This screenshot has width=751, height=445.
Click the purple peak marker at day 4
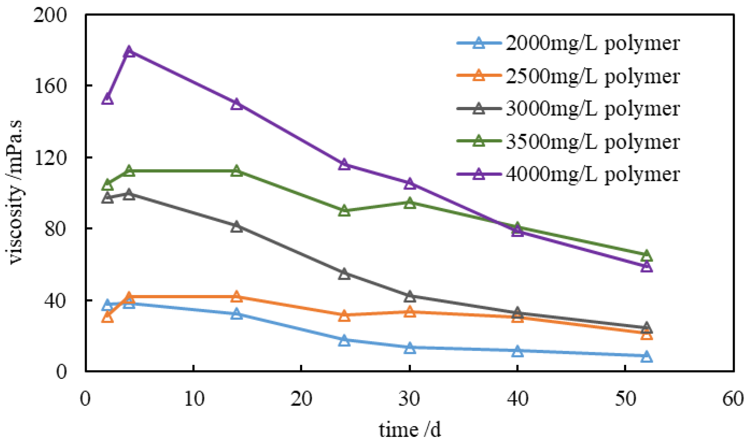pyautogui.click(x=129, y=52)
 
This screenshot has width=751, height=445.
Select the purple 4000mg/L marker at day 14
pyautogui.click(x=237, y=104)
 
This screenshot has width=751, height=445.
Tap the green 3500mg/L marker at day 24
pyautogui.click(x=344, y=211)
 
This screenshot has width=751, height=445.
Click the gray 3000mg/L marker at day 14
pyautogui.click(x=237, y=227)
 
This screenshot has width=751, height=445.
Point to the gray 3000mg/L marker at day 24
pyautogui.click(x=344, y=274)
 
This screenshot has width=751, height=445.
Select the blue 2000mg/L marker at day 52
pyautogui.click(x=646, y=357)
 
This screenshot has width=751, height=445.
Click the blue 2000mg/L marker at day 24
pyautogui.click(x=344, y=341)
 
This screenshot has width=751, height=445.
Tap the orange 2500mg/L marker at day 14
pyautogui.click(x=237, y=297)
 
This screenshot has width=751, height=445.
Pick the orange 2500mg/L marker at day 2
pyautogui.click(x=108, y=317)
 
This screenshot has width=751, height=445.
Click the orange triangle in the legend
pyautogui.click(x=479, y=76)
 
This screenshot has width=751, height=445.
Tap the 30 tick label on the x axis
pyautogui.click(x=410, y=398)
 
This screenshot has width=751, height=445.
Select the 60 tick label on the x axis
pyautogui.click(x=733, y=398)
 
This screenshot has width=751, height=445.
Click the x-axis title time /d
pyautogui.click(x=410, y=430)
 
